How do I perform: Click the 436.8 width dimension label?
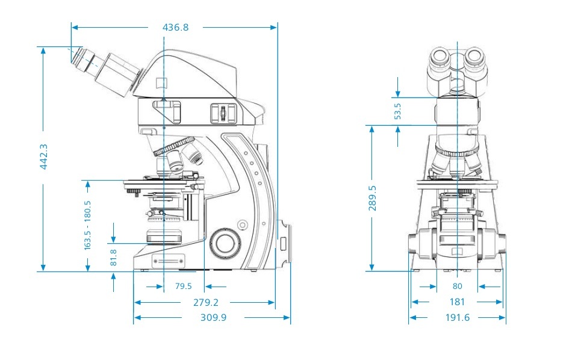pyautogui.click(x=175, y=27)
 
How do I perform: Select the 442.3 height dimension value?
pyautogui.click(x=43, y=157)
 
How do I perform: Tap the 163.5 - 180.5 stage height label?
pyautogui.click(x=88, y=225)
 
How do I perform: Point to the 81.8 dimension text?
pyautogui.click(x=113, y=257)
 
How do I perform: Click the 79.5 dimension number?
pyautogui.click(x=183, y=287)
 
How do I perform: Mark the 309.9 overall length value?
pyautogui.click(x=213, y=317)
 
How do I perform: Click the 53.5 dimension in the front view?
pyautogui.click(x=397, y=111)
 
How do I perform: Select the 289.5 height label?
pyautogui.click(x=372, y=197)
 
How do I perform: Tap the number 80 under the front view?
pyautogui.click(x=457, y=287)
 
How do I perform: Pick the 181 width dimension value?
pyautogui.click(x=457, y=302)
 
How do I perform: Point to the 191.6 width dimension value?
pyautogui.click(x=457, y=317)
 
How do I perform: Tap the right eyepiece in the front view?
pyautogui.click(x=475, y=58)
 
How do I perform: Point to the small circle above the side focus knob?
pyautogui.click(x=242, y=225)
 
